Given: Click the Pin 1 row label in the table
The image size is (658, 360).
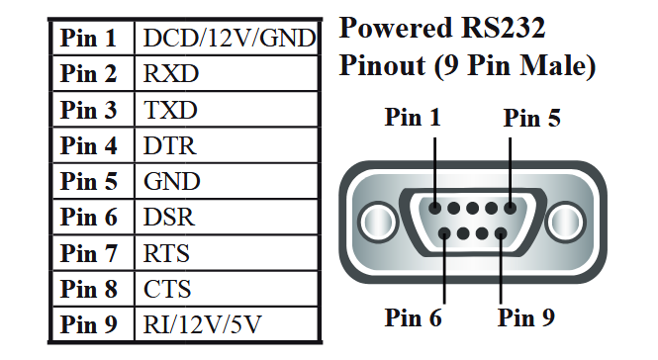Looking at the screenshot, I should pyautogui.click(x=89, y=39).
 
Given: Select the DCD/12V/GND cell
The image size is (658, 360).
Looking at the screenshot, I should pyautogui.click(x=229, y=39).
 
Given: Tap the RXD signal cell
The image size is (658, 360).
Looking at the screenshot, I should pyautogui.click(x=171, y=74).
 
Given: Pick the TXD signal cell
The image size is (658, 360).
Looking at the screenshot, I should pyautogui.click(x=171, y=110).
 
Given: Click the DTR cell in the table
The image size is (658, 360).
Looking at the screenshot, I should pyautogui.click(x=169, y=146).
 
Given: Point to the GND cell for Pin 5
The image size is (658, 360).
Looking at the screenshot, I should pyautogui.click(x=171, y=182).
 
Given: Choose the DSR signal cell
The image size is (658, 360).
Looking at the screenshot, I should pyautogui.click(x=169, y=218).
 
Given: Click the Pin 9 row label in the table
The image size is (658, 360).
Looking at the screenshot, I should pyautogui.click(x=89, y=324).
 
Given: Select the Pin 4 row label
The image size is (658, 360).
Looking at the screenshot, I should pyautogui.click(x=89, y=146).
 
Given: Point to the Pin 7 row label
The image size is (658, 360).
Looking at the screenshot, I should pyautogui.click(x=89, y=253).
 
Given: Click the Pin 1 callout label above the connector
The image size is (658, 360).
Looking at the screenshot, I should pyautogui.click(x=413, y=118).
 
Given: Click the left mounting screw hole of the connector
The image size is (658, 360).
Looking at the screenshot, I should pyautogui.click(x=375, y=219).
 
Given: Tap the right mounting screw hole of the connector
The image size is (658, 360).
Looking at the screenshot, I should pyautogui.click(x=566, y=219).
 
